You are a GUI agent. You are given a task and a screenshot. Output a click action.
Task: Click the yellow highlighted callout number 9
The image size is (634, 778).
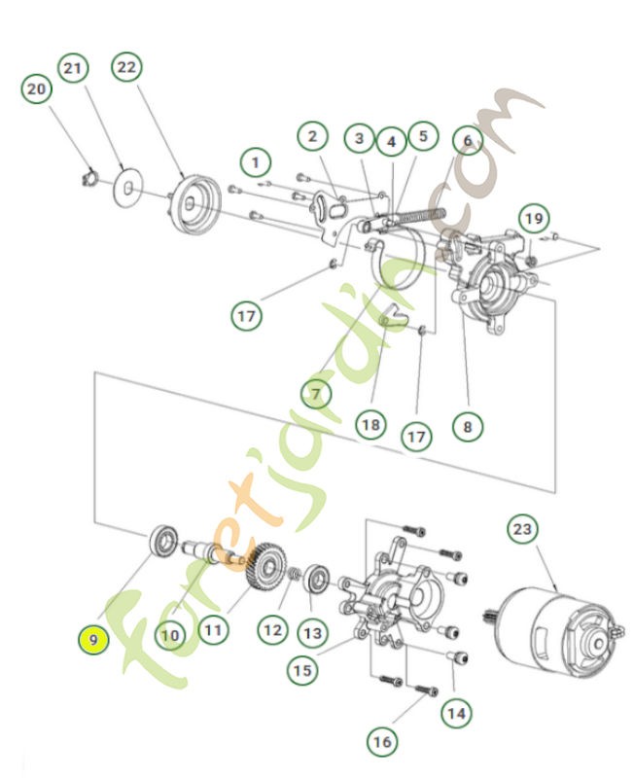tap(93, 640)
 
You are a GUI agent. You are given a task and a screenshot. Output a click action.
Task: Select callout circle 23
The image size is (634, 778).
tap(523, 530)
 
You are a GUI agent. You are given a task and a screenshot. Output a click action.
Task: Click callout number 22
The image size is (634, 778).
tap(127, 67)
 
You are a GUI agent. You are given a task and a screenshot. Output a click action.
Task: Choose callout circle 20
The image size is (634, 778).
tap(36, 89)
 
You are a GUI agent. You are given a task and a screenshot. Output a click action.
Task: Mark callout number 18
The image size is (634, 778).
tap(370, 424)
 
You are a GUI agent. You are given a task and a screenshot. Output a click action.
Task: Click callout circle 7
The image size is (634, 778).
tap(316, 393)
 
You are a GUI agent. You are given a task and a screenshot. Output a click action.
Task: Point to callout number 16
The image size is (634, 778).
tap(382, 741)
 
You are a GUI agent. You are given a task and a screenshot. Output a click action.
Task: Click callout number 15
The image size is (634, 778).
tap(302, 669)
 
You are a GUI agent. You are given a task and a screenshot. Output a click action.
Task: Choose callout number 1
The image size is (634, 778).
tap(255, 159)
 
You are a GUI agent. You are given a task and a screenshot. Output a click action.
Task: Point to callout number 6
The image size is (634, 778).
tap(467, 141)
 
